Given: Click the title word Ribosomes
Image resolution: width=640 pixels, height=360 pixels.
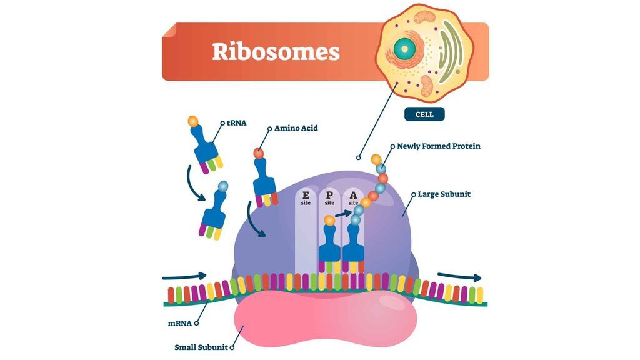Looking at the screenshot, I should coord(276,52).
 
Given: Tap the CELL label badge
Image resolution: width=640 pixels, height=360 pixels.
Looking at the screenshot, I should coord(424,114).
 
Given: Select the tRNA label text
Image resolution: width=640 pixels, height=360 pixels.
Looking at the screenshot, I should coord(236,122).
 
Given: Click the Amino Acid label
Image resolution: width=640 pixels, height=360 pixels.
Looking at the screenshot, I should coord(296,128).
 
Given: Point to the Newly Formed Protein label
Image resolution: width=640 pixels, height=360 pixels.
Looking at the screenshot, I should coord(439,146).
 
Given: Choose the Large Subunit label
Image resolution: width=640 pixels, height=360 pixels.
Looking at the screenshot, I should coord(444,194).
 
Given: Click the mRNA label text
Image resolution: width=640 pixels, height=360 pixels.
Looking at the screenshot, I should coord(179,323).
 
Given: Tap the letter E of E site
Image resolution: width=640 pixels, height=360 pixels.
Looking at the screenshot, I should coord(306,195).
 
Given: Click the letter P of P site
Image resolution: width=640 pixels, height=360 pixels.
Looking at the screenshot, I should coord(329,195).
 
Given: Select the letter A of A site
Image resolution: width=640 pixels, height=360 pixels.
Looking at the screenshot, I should coord(354,195).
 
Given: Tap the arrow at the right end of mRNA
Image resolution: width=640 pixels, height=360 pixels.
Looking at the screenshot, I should coord(459,277).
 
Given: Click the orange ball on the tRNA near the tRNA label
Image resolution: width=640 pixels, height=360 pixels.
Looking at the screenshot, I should coord(194,121).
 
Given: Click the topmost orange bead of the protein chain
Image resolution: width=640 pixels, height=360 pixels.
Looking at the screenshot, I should coord(376,159).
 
